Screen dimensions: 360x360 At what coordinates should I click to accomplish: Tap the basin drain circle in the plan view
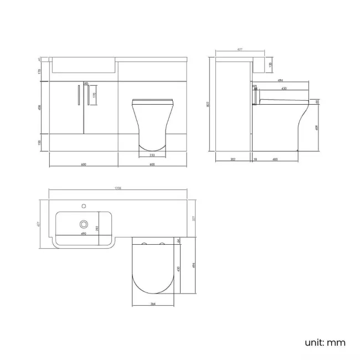[84, 224]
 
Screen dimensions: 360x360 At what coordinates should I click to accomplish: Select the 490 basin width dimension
[84, 234]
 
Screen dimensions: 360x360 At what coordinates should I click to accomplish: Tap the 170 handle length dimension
[95, 95]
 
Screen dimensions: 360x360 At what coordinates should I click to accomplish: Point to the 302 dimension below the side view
[233, 160]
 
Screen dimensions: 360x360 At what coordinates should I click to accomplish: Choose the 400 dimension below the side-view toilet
[275, 160]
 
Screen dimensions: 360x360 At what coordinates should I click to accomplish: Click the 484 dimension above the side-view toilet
[281, 83]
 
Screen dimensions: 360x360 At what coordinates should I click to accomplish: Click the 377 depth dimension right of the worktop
[193, 218]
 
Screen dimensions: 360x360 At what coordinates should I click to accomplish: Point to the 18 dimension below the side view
[255, 160]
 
